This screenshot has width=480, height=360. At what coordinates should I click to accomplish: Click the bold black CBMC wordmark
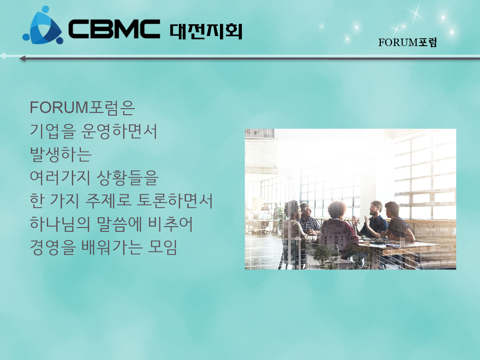pos(114,29)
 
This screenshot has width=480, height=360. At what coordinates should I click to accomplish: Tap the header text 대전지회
pos(206,31)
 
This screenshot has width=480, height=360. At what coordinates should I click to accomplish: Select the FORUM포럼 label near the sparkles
pos(407,42)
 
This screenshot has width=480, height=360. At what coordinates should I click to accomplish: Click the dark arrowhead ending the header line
pos(22,58)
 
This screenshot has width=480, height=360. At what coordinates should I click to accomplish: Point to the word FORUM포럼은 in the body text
pos(82,108)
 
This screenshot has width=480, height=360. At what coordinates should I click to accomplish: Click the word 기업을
pos(53,131)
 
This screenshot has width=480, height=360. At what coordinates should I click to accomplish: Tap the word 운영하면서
pos(119,131)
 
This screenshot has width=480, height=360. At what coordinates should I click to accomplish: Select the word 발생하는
pos(61,154)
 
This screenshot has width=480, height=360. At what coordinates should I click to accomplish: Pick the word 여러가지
pos(60,178)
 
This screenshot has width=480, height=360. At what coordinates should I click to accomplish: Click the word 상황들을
pos(127,178)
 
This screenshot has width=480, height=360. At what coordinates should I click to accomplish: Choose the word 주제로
pos(109,201)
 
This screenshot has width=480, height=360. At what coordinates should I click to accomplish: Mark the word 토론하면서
pos(174,201)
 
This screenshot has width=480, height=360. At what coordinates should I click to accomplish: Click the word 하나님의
pos(60,224)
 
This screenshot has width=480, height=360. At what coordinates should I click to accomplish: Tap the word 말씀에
pos(119,224)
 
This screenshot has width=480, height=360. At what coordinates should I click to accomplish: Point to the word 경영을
pos(53,248)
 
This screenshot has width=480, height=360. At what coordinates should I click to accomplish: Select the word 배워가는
pos(112,248)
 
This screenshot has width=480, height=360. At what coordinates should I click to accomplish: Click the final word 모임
pos(162,248)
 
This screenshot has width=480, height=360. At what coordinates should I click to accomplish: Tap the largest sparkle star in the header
pos(416,14)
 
